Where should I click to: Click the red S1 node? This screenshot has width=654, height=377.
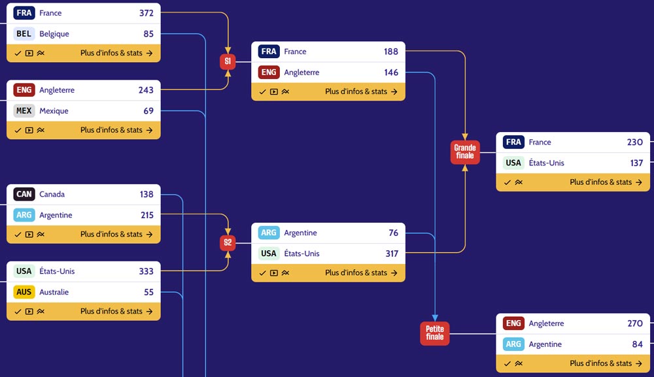[x=228, y=61]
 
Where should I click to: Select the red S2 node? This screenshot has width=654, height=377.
[x=228, y=243]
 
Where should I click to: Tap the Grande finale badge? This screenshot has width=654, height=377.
[x=465, y=152]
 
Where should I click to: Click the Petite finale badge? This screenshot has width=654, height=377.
[x=435, y=333]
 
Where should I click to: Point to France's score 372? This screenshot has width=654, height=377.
[x=146, y=13]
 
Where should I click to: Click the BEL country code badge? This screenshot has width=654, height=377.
[x=24, y=34]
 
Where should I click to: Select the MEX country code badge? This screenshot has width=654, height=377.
[x=24, y=111]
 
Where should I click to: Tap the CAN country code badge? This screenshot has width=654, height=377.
[x=24, y=194]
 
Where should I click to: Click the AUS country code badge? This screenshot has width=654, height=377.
[x=24, y=292]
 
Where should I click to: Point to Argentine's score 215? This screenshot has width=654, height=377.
[x=147, y=215]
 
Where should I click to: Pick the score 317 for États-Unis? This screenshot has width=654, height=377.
[x=392, y=254]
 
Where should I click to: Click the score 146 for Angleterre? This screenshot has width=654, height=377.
[x=391, y=73]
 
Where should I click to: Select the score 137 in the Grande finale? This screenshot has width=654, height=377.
[x=636, y=163]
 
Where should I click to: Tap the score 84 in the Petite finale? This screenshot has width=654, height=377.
[x=637, y=344]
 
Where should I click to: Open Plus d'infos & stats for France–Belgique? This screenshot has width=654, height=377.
[x=116, y=53]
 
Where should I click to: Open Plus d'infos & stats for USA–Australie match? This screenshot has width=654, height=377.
[x=116, y=311]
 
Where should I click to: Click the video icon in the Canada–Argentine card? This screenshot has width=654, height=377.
[x=29, y=235]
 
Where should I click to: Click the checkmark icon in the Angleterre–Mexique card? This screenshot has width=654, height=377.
[x=18, y=131]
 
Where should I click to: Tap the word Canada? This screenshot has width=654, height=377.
[x=52, y=194]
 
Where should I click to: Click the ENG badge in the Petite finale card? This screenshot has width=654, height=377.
[x=513, y=323]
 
